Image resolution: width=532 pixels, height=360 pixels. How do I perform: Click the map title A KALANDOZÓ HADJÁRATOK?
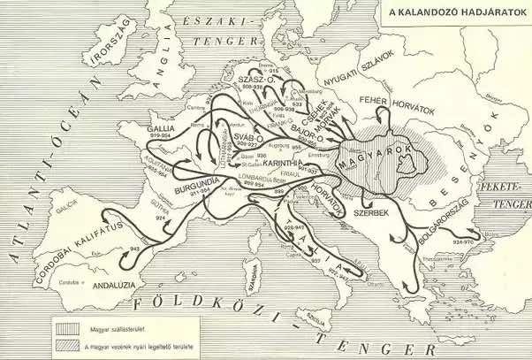(x=451, y=13)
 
